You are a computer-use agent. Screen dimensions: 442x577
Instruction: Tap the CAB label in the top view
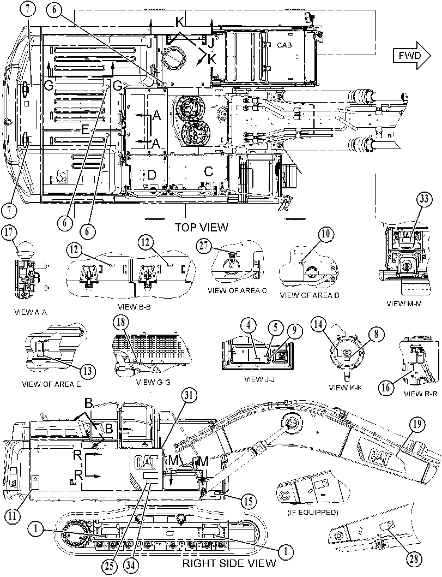[284, 45]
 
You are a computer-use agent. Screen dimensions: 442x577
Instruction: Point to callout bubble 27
[203, 246]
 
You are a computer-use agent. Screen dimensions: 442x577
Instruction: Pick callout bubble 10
[326, 234]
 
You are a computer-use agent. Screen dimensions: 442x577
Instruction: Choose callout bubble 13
[88, 371]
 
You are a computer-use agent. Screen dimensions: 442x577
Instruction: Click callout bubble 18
[121, 323]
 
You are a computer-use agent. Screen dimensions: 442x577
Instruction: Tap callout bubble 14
[318, 324]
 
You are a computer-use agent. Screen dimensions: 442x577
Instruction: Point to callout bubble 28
[414, 560]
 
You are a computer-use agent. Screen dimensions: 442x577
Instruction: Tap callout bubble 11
[12, 516]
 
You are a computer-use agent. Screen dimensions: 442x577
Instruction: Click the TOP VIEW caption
[201, 227]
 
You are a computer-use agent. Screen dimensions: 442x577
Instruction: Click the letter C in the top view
[208, 171]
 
